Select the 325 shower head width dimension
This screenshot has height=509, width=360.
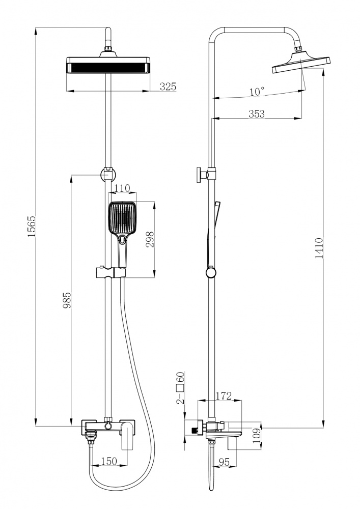(x=168, y=87)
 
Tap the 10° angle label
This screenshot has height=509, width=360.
(x=257, y=92)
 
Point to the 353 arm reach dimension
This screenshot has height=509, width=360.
(x=257, y=114)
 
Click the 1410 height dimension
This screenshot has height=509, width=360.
(x=319, y=248)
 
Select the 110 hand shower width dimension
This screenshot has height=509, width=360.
(x=122, y=189)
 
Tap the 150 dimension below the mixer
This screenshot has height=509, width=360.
(x=108, y=461)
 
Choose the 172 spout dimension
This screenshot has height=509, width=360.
(x=224, y=395)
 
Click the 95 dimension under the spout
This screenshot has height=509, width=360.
(x=224, y=462)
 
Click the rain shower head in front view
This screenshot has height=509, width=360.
(x=108, y=66)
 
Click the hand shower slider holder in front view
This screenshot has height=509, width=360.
(x=108, y=273)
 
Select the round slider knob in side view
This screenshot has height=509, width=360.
(x=210, y=273)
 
